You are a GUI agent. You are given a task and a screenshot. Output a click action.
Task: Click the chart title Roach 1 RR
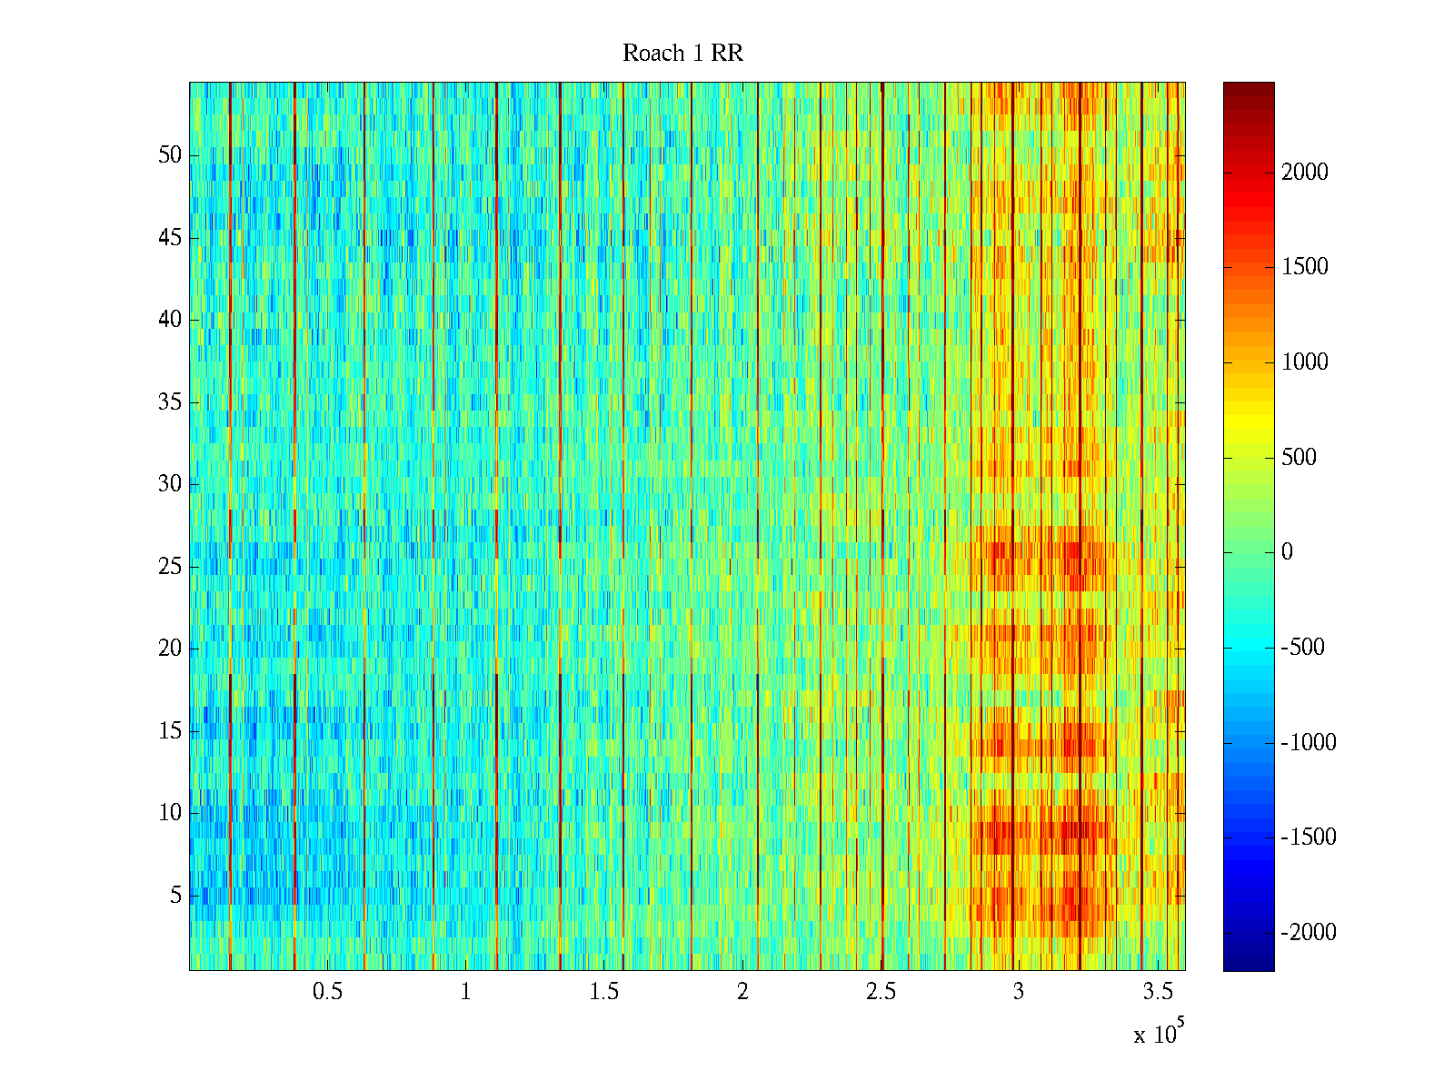coord(682,54)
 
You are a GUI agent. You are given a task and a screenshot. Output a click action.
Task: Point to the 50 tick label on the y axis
coord(170,155)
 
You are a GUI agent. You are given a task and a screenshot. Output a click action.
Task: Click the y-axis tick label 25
coord(170,567)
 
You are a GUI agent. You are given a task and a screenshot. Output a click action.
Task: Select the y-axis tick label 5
coord(175,896)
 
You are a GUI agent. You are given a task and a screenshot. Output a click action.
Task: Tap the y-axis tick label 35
coord(170,402)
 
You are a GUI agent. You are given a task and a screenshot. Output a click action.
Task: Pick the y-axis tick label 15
coord(170,731)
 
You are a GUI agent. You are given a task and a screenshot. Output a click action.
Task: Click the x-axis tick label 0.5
coord(327,992)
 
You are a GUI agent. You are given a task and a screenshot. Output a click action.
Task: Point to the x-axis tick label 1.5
coord(604,992)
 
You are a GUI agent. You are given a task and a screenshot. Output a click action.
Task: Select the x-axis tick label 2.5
coord(881,992)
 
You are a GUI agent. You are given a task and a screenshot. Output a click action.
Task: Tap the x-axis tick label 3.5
coord(1157,992)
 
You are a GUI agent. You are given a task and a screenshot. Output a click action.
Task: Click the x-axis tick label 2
coord(742,992)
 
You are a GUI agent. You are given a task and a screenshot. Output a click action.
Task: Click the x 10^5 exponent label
coord(1159,1034)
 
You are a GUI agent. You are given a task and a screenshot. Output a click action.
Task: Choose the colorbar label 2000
coord(1305,173)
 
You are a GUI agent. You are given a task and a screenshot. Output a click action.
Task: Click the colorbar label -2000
coord(1309,933)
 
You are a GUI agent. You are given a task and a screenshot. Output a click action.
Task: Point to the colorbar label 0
coord(1287,552)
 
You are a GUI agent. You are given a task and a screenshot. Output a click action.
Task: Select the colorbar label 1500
coord(1305,267)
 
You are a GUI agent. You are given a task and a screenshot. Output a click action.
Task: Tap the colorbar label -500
coord(1303,648)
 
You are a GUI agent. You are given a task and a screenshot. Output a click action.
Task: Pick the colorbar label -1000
coord(1309,743)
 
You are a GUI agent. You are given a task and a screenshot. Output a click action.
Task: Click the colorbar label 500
coord(1300,458)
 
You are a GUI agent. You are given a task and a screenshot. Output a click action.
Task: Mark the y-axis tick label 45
coord(170,238)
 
